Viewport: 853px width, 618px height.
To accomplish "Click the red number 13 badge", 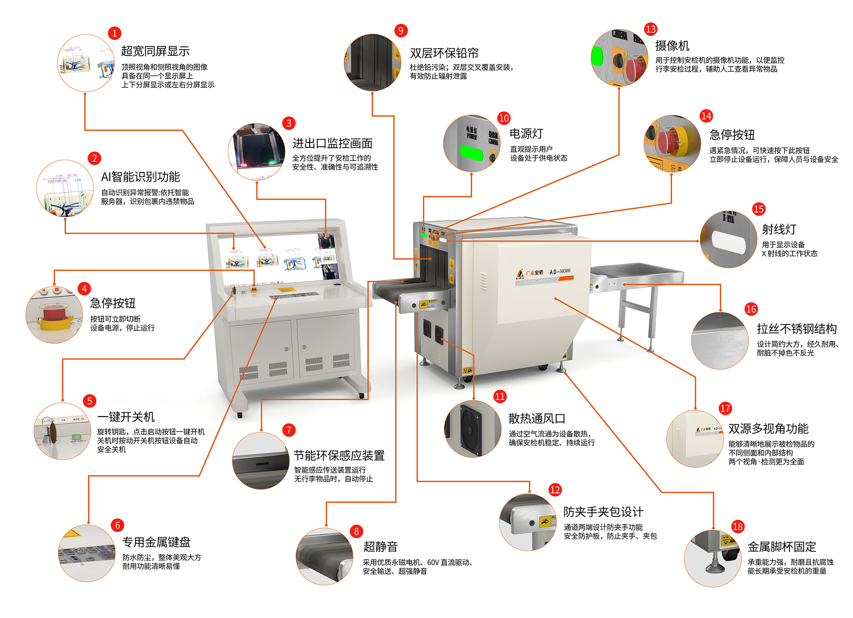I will coord(650,29).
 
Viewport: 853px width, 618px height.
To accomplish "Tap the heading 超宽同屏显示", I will coord(155,51).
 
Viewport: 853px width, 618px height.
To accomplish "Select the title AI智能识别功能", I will coord(140,177).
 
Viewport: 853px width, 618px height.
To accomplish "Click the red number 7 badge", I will coord(289,430).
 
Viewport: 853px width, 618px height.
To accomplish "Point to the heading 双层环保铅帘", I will coord(444,53).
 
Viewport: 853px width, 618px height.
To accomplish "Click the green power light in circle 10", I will coord(471,153).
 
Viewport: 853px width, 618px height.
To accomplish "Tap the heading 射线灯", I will coord(779,229).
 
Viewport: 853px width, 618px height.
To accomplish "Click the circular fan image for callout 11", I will coord(472,429).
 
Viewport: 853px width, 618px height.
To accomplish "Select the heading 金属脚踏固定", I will coord(781,547).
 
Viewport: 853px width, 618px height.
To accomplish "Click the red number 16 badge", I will coord(751,309).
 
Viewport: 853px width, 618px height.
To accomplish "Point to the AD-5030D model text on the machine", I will coord(560,271).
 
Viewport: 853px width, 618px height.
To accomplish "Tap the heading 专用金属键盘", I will coord(156,542).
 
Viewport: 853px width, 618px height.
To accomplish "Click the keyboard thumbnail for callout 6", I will coord(87,553).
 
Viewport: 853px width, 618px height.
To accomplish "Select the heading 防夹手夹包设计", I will coord(603,512).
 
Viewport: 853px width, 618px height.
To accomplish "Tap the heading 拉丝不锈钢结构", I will coord(796,329).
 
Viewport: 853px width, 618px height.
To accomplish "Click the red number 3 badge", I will coord(289,123).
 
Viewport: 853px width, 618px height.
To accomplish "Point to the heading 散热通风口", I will coord(537,419).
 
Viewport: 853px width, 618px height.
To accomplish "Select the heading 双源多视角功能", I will coord(768,429).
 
